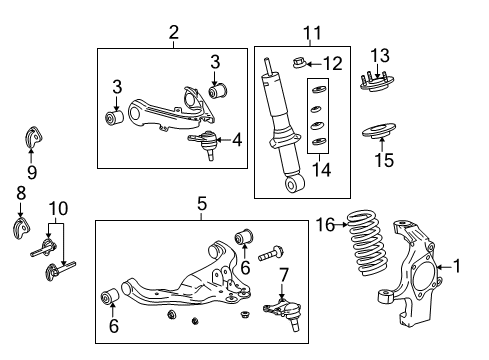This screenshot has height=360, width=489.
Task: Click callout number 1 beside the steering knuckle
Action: [x=459, y=266]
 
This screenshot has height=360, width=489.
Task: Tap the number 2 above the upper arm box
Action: [x=173, y=33]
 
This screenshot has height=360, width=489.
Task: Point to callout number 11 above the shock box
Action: [x=311, y=33]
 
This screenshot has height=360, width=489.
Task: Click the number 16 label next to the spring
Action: [x=326, y=224]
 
